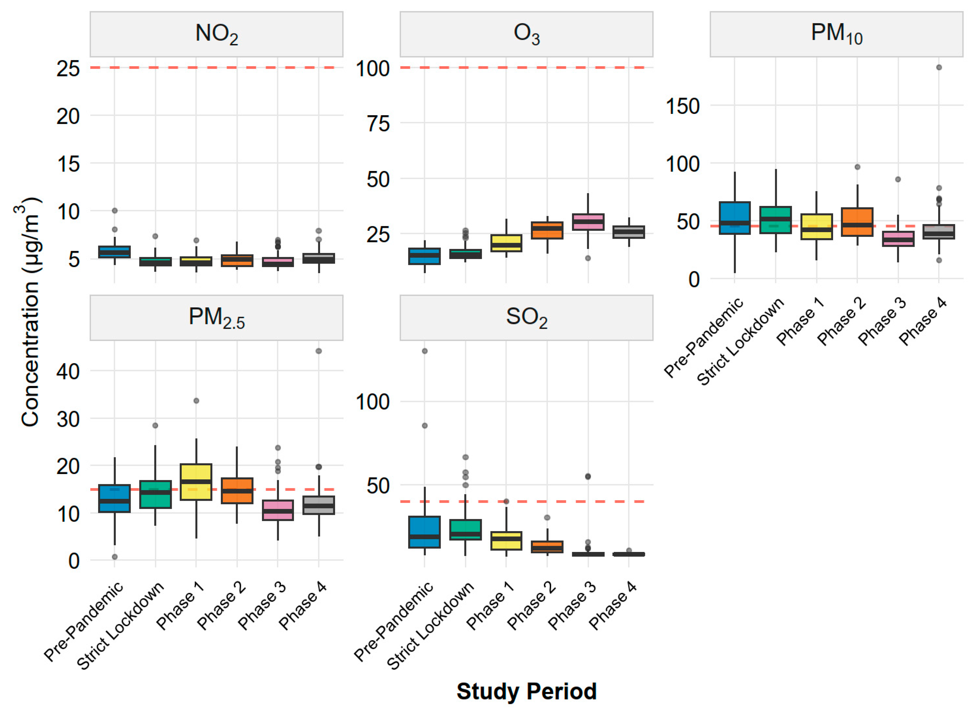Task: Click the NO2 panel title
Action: [216, 34]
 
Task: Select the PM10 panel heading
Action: [836, 34]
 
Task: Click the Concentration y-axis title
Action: [30, 312]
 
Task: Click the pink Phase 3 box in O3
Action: [588, 221]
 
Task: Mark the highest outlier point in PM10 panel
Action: [939, 67]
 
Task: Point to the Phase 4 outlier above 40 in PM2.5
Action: [319, 351]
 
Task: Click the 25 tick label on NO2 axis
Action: [69, 69]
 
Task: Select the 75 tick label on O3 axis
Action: [378, 124]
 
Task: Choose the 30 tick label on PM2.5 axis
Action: [69, 419]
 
